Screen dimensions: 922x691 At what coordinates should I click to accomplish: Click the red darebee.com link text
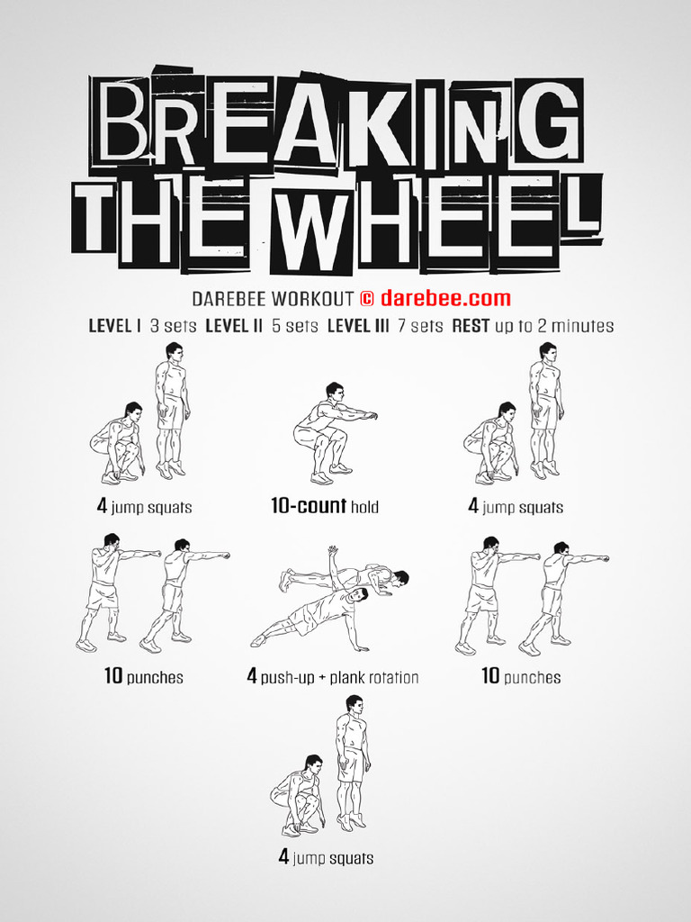[445, 298]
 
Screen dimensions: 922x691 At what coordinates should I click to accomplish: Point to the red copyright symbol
[366, 299]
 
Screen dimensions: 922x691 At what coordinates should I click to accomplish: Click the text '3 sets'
[173, 326]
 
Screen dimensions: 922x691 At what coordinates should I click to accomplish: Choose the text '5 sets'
[295, 326]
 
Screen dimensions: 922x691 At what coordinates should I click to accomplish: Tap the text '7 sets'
[420, 326]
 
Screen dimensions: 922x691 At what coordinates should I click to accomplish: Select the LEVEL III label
[358, 326]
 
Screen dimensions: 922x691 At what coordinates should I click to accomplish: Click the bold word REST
[472, 326]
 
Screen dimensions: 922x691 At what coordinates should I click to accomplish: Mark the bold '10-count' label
[309, 506]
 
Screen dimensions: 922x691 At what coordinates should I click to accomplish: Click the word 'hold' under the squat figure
[364, 507]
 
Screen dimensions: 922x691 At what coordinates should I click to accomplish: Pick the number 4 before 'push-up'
[252, 676]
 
